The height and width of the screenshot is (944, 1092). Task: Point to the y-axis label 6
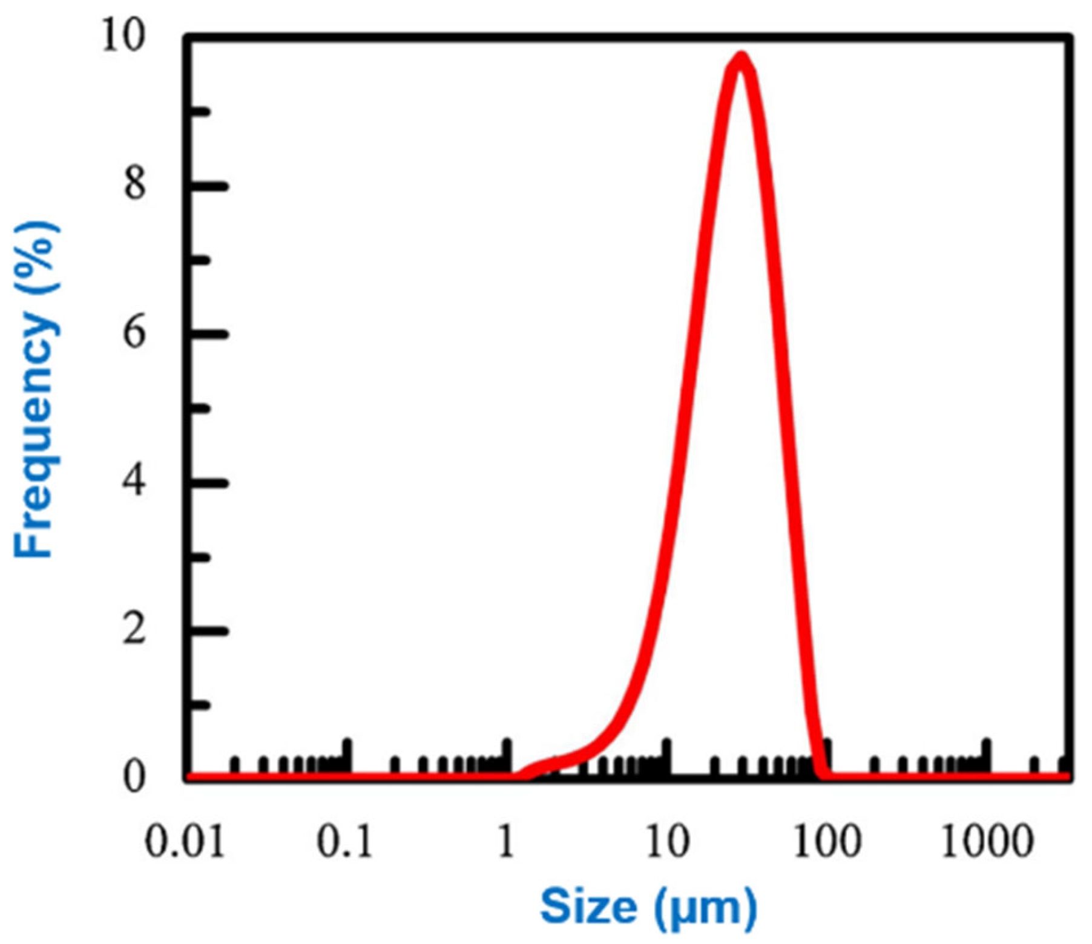(134, 332)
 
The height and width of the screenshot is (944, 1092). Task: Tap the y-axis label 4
(134, 482)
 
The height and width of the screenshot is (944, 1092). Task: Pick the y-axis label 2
(134, 629)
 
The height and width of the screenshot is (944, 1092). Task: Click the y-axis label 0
(134, 776)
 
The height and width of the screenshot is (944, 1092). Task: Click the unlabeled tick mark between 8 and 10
(200, 111)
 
